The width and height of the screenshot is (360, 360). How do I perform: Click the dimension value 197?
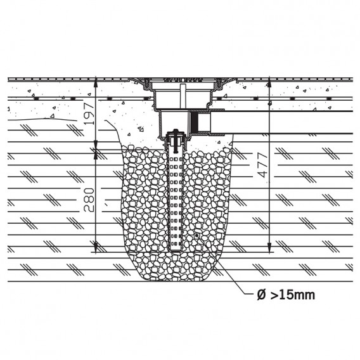89,113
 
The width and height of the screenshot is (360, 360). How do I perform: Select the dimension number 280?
89,200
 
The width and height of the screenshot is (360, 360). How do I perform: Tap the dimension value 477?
262,165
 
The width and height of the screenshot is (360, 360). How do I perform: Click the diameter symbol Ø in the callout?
262,295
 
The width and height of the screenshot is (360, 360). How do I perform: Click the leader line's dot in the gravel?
196,236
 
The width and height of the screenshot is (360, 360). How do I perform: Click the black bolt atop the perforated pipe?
176,141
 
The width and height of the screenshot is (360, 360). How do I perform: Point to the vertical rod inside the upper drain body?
183,96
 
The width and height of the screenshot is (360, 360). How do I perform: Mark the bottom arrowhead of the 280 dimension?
95,247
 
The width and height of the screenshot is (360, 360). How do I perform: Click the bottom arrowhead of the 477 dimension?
269,247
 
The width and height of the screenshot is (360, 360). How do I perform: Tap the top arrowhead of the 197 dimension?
95,83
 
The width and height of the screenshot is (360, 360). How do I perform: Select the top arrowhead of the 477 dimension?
269,83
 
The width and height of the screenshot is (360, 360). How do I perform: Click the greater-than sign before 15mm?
274,295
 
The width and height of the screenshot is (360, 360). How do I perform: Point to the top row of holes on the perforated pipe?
176,159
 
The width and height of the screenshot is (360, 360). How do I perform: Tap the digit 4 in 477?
262,174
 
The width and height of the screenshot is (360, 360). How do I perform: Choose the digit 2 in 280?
89,208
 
